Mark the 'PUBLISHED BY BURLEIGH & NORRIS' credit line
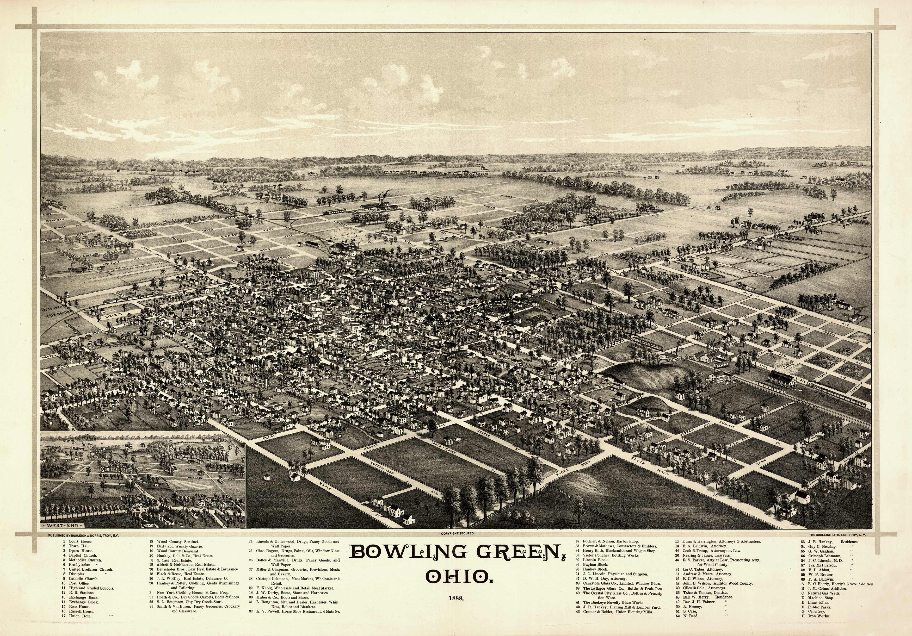coord(83,535)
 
